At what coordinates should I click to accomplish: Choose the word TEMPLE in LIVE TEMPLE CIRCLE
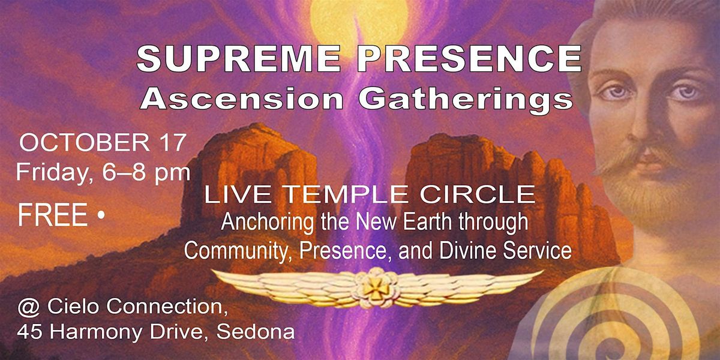coord(350,194)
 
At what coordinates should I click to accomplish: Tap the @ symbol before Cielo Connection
coord(28,308)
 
